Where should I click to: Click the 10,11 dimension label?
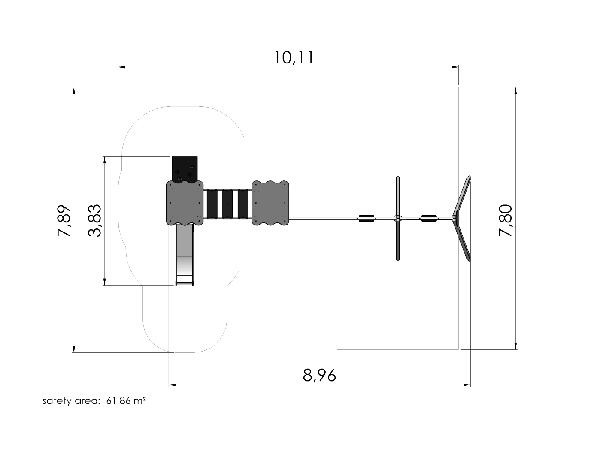pyautogui.click(x=294, y=57)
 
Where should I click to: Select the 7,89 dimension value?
pyautogui.click(x=64, y=221)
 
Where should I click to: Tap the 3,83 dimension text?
pyautogui.click(x=94, y=221)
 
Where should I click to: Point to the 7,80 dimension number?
pyautogui.click(x=505, y=220)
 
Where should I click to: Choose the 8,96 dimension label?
pyautogui.click(x=319, y=375)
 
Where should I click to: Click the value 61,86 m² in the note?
pyautogui.click(x=126, y=401)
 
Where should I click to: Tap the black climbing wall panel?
pyautogui.click(x=185, y=169)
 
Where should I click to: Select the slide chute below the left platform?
pyautogui.click(x=185, y=255)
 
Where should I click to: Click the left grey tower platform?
pyautogui.click(x=185, y=203)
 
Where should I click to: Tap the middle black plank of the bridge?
pyautogui.click(x=227, y=204)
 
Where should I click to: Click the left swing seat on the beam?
pyautogui.click(x=367, y=218)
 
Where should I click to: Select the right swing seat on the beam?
pyautogui.click(x=429, y=218)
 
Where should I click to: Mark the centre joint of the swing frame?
pyautogui.click(x=397, y=218)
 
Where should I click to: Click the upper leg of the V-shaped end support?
pyautogui.click(x=462, y=196)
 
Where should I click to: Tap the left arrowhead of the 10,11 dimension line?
pyautogui.click(x=122, y=67)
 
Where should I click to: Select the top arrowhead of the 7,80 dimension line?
pyautogui.click(x=515, y=91)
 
